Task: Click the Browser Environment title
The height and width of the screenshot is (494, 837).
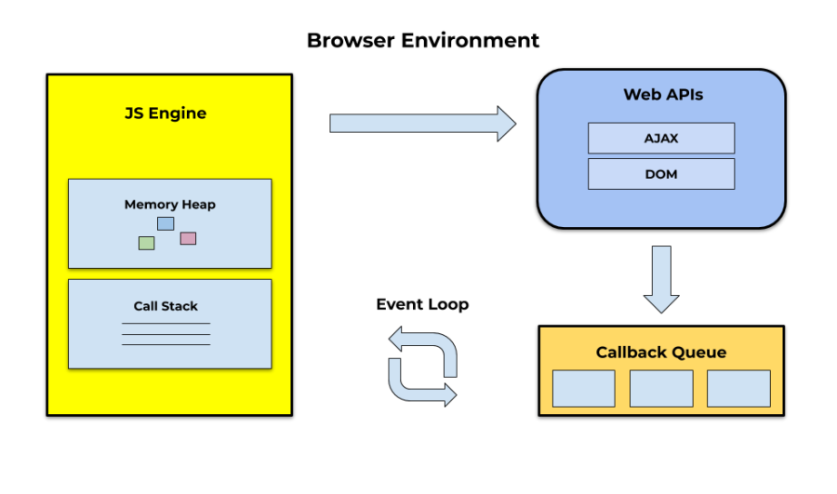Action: point(422,41)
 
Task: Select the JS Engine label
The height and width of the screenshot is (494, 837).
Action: point(166,113)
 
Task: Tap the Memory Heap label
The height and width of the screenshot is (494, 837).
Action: point(169,205)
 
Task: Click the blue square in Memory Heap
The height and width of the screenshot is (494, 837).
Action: point(166,223)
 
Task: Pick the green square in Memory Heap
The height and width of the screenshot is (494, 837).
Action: point(146,243)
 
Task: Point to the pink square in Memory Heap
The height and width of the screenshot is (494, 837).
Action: point(188,238)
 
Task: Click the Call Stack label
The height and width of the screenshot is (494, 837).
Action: point(166,306)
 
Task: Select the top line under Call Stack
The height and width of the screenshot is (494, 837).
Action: point(166,324)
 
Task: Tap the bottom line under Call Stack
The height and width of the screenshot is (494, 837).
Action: point(166,345)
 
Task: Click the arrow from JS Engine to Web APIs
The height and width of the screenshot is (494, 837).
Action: point(422,123)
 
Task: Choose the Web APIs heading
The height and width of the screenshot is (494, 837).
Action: point(662,95)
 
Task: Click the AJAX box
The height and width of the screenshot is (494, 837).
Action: point(661,138)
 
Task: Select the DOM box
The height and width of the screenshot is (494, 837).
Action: point(661,174)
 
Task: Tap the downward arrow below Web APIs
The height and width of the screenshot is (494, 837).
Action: point(661,278)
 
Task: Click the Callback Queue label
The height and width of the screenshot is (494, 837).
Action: point(661,353)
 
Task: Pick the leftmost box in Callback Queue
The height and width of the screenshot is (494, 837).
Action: point(583,388)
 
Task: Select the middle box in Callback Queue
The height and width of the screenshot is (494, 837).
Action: point(661,388)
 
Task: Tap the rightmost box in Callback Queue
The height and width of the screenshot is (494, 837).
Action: point(738,388)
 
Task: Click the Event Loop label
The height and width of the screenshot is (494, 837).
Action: point(422,304)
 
